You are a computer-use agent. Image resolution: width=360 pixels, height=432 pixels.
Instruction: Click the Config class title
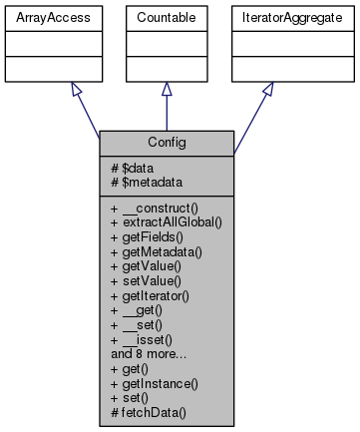[167, 142]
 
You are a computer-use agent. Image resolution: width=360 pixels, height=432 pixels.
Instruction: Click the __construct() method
[156, 204]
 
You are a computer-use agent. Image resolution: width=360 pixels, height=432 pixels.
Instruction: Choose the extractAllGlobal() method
[164, 217]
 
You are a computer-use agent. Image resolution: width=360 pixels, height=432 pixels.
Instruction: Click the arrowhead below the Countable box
[167, 89]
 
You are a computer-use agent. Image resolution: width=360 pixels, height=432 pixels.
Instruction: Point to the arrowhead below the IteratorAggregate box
[267, 90]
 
